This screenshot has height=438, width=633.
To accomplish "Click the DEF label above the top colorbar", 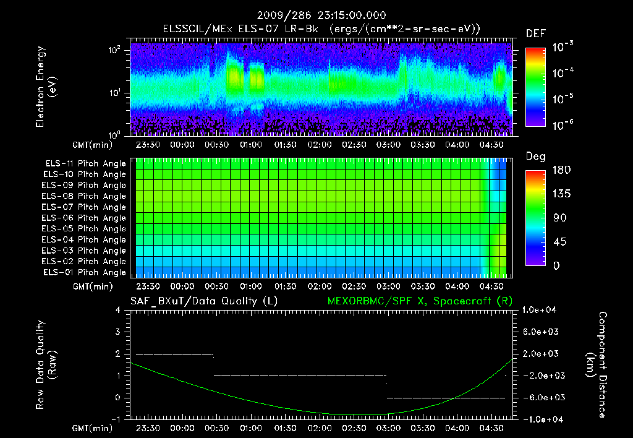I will point(535,33).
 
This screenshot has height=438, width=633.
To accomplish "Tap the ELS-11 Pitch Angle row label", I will point(85,163).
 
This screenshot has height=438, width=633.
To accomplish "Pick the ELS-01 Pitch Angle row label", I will point(85,272).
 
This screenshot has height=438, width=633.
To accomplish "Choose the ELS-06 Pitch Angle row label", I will point(85,218).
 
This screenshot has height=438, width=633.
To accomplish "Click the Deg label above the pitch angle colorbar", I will point(535,157).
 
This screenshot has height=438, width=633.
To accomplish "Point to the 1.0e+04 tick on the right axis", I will point(542,309).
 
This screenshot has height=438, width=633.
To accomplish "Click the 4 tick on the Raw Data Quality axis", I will point(118,310).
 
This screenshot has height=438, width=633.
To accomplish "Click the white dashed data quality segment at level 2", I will point(174,354).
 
